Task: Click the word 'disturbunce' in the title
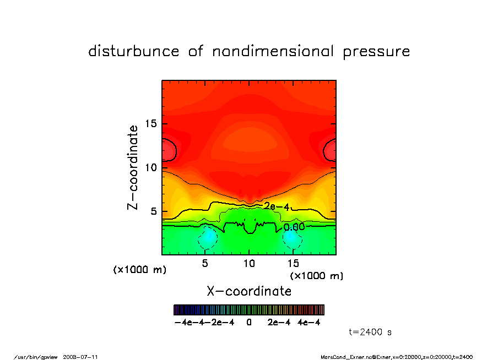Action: click(x=134, y=51)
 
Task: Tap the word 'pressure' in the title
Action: click(x=376, y=52)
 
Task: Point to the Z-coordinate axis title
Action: click(x=132, y=167)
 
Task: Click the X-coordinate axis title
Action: click(x=249, y=291)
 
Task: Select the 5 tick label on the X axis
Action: click(x=205, y=263)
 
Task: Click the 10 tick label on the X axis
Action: click(x=249, y=263)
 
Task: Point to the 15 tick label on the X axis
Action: click(x=293, y=263)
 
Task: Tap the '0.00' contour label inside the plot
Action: click(x=294, y=227)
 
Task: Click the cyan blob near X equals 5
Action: click(x=208, y=237)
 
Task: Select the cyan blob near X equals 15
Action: click(x=291, y=237)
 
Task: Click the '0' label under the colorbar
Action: click(x=249, y=323)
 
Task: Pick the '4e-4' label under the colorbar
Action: click(x=309, y=323)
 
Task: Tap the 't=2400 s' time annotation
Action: click(x=370, y=332)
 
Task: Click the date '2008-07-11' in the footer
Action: click(x=84, y=357)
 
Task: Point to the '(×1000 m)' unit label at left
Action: click(x=139, y=270)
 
